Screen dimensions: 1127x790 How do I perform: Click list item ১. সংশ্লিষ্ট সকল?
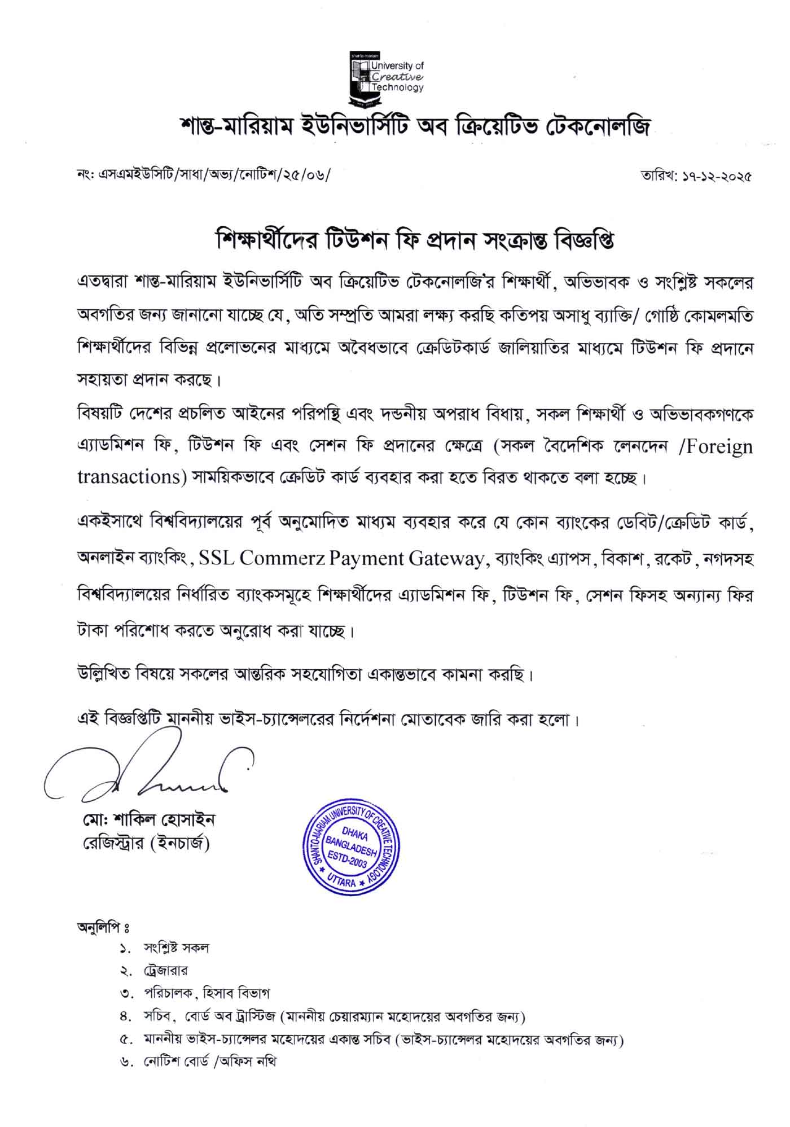coord(164,948)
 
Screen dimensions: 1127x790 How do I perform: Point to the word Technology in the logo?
coord(397,87)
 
